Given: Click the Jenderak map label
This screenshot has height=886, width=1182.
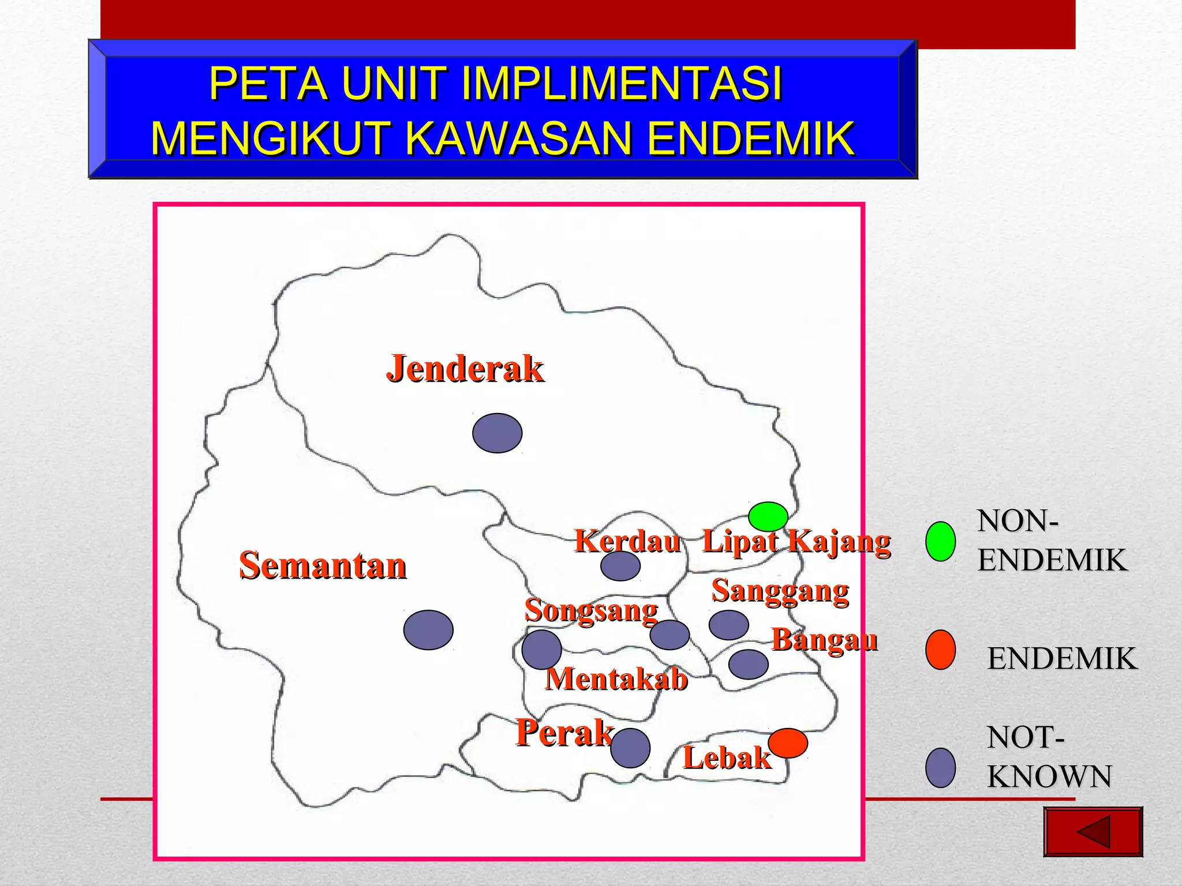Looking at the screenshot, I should tap(465, 369).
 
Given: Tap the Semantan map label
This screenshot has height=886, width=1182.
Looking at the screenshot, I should tap(323, 565).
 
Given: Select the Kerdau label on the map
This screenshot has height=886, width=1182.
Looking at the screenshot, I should tap(627, 541).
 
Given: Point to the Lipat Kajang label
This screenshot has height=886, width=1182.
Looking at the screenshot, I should tap(796, 542).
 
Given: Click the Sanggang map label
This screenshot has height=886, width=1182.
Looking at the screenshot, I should tap(780, 591).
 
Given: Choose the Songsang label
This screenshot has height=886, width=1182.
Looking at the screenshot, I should tap(591, 610).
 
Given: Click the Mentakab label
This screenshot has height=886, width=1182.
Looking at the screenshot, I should tap(616, 679).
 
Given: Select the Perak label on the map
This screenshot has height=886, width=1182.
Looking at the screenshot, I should tap(564, 733).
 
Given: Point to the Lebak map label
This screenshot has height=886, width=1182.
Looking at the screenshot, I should tap(727, 757).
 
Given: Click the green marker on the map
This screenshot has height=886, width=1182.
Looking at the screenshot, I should tap(768, 516).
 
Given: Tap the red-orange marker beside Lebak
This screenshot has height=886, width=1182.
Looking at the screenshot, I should tap(788, 743).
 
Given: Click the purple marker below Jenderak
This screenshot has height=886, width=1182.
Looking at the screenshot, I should tap(497, 433).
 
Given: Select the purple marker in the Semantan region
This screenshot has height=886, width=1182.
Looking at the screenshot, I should tap(428, 630).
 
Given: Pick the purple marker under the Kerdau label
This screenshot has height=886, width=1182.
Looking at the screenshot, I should tap(620, 566).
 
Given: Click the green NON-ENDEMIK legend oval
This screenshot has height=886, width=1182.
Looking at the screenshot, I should tap(940, 541).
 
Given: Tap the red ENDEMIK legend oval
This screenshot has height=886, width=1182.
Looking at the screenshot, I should tap(940, 650).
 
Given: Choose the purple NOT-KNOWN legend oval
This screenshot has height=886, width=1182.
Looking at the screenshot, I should tap(940, 768).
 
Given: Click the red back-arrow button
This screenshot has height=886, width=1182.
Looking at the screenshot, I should tap(1093, 831).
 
